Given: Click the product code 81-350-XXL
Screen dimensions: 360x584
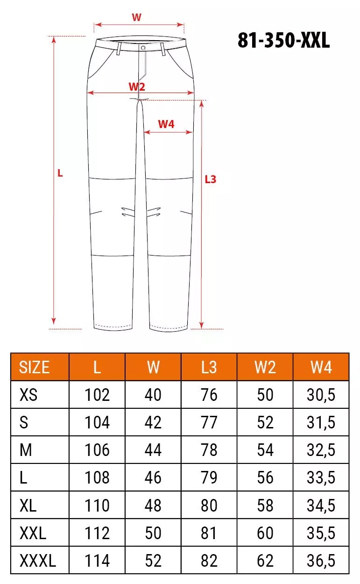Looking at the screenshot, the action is (x=284, y=40).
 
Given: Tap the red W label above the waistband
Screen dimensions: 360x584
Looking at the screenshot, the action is (x=136, y=17).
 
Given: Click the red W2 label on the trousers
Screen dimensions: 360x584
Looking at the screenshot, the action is (x=137, y=86).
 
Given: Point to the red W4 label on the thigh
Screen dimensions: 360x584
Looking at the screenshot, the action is (x=166, y=124).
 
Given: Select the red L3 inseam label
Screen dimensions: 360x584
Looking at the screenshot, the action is (x=211, y=179).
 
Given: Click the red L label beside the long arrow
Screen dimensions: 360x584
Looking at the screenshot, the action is (x=60, y=173).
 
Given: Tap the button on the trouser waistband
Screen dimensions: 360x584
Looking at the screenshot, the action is (x=143, y=48).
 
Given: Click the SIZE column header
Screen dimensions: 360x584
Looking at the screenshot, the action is (x=34, y=367).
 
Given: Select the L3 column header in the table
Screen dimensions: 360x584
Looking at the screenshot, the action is (x=209, y=367).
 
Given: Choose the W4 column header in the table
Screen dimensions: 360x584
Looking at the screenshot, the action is (x=321, y=367).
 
